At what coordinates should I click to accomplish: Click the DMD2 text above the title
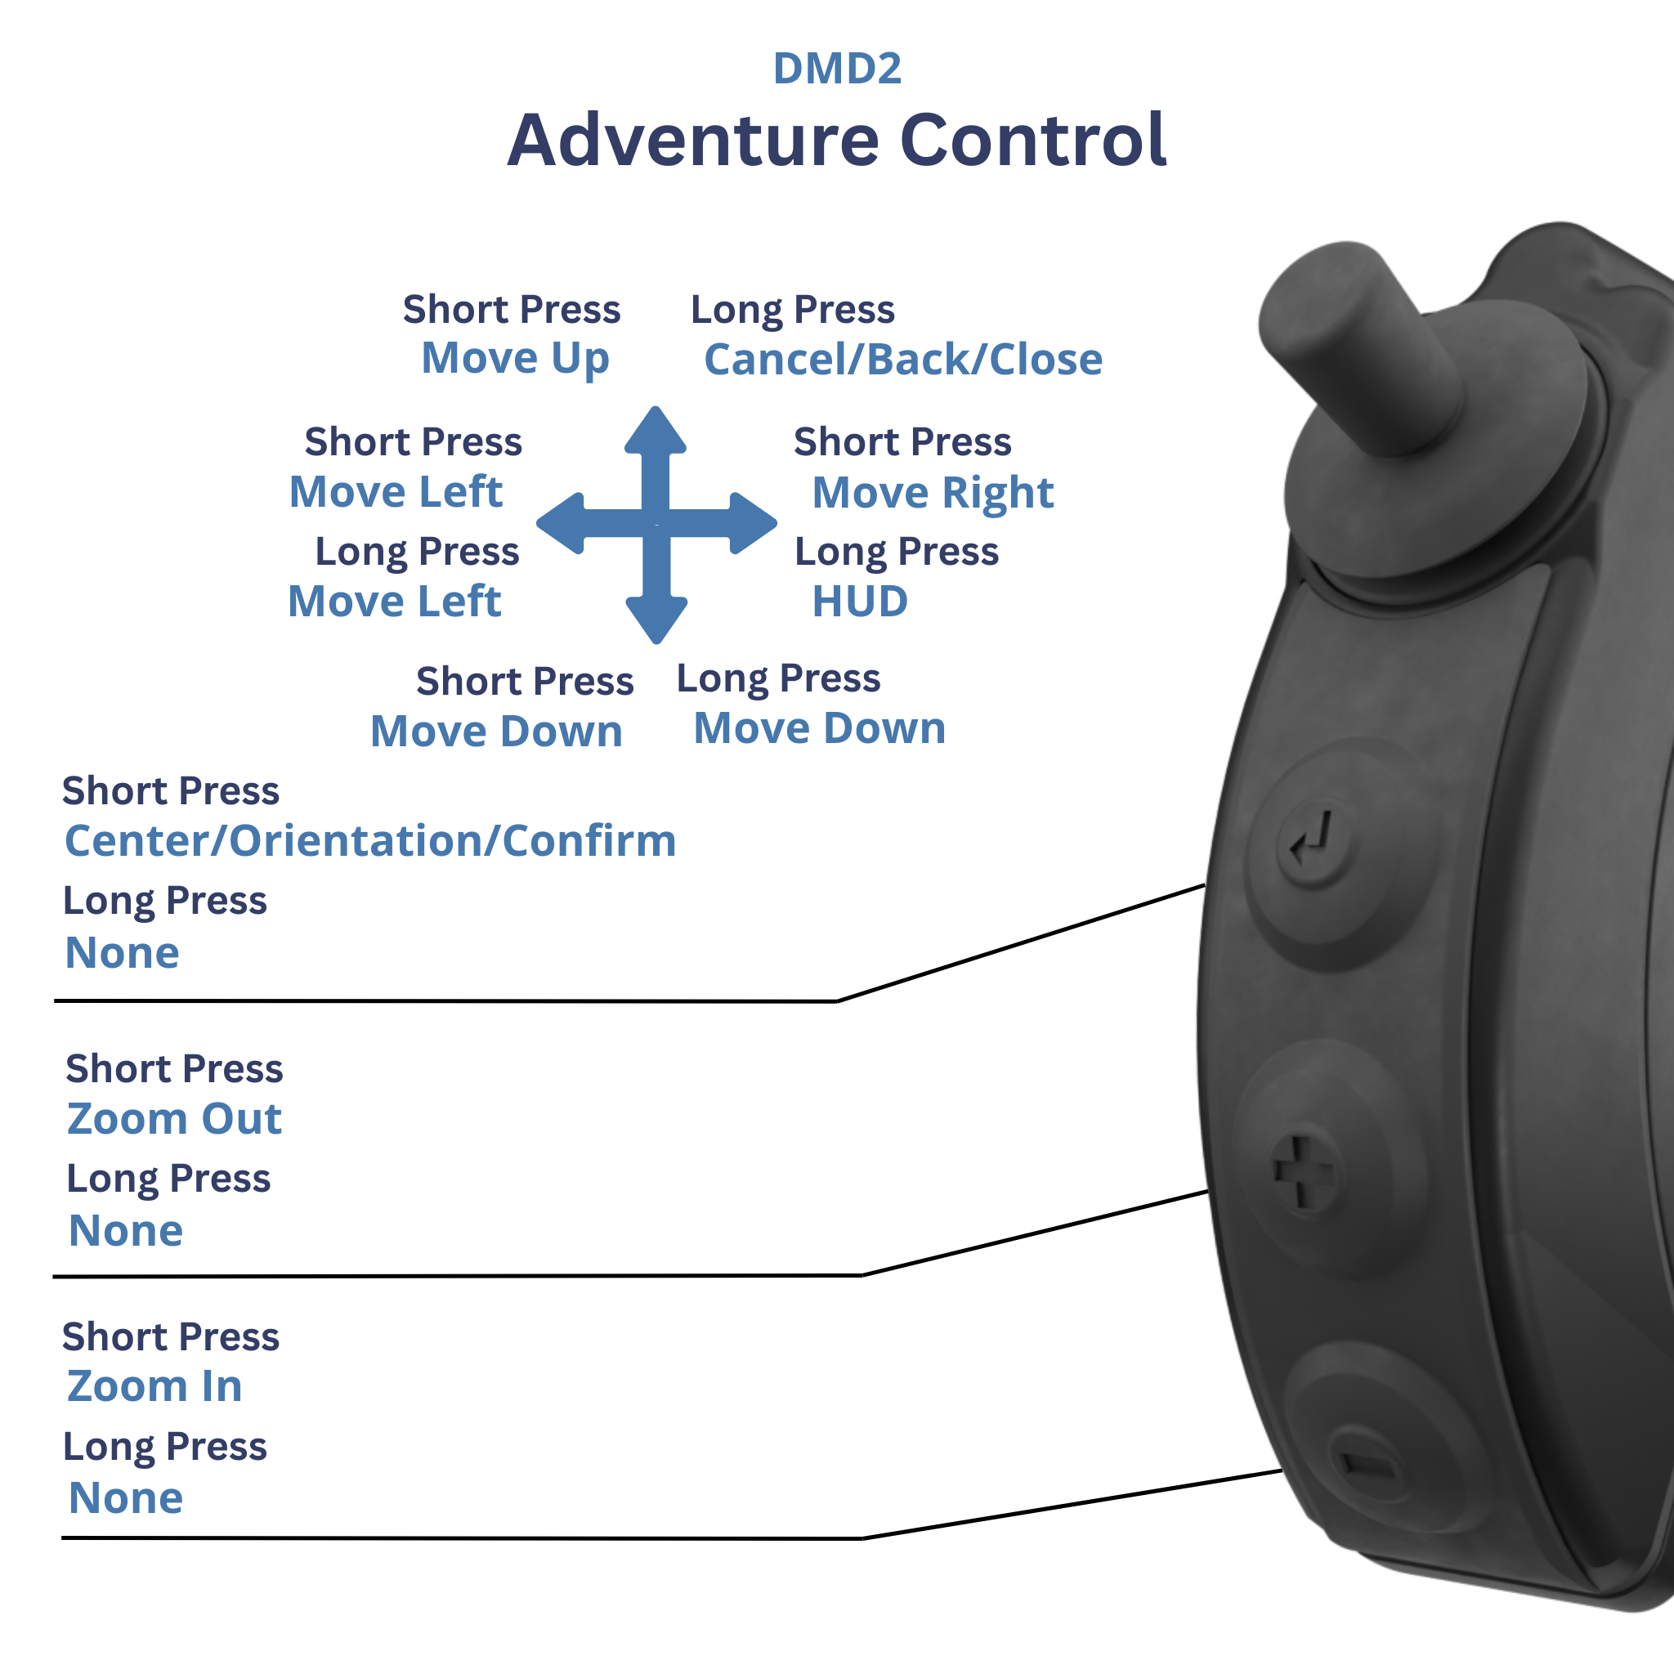836,69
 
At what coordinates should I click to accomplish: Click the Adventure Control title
836,141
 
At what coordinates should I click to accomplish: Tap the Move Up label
515,359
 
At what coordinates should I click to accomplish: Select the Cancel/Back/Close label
903,360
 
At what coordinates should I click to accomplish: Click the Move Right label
933,493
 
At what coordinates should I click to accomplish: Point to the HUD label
860,602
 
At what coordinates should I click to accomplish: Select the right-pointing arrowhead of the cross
752,523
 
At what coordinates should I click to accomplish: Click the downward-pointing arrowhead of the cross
656,619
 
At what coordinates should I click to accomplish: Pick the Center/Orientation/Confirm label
371,841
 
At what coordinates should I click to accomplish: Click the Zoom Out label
174,1119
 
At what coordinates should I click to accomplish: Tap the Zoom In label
154,1386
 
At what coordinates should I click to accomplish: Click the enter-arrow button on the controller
1314,839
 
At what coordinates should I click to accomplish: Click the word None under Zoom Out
126,1230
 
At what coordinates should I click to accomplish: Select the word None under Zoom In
126,1498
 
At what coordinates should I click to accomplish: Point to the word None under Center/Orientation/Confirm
122,953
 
